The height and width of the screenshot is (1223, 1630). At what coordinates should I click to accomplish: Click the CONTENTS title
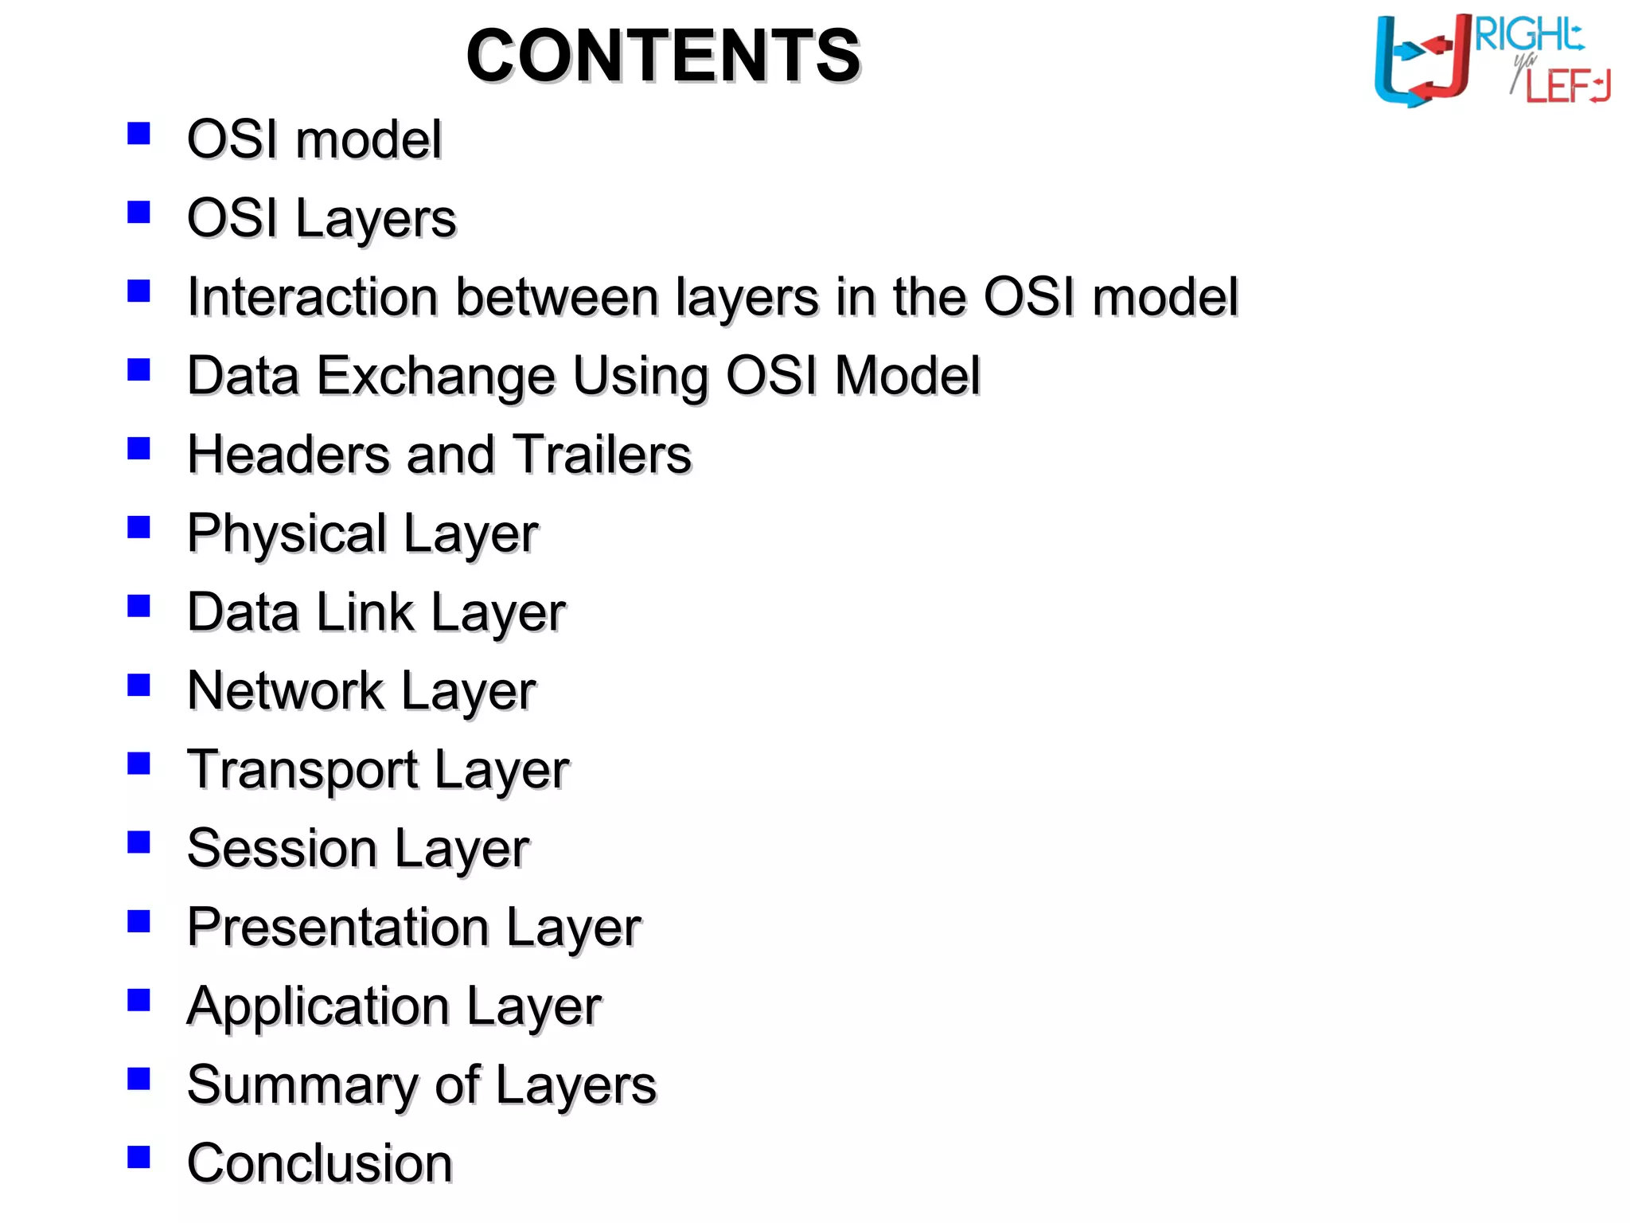(x=663, y=56)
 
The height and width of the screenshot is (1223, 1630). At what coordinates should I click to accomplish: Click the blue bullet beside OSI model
(x=139, y=133)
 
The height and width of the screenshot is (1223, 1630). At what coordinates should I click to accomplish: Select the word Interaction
(x=313, y=297)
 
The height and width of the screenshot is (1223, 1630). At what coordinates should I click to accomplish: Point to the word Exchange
(x=436, y=376)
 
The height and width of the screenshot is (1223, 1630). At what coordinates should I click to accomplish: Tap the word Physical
(x=287, y=533)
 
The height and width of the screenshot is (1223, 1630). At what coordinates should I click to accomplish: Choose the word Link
(x=365, y=612)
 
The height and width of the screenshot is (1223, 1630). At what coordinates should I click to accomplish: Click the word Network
(x=285, y=690)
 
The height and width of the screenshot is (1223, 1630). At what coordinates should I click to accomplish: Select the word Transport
(x=302, y=770)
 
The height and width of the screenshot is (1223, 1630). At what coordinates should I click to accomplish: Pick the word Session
(x=282, y=848)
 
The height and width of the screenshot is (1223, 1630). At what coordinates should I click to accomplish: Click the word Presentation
(x=337, y=928)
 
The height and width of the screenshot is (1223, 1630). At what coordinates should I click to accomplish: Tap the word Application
(x=318, y=1006)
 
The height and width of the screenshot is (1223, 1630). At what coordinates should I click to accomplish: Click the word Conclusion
(x=320, y=1163)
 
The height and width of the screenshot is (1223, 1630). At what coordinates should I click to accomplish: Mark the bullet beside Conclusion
(x=139, y=1157)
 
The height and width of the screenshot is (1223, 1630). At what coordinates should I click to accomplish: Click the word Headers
(x=289, y=455)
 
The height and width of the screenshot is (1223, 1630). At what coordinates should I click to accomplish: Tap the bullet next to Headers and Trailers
(x=139, y=448)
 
